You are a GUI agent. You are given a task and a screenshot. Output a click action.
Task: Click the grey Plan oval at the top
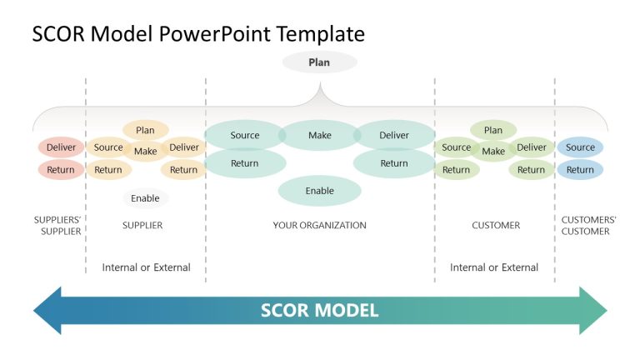click(x=319, y=62)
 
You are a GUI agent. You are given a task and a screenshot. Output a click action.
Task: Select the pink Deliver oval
click(x=61, y=147)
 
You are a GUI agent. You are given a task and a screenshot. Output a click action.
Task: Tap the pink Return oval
click(x=61, y=170)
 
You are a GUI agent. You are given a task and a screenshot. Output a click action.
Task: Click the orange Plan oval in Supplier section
click(x=145, y=130)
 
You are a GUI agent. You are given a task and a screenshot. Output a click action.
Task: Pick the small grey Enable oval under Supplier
click(x=145, y=198)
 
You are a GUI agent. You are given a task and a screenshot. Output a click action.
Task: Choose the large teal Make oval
click(x=319, y=135)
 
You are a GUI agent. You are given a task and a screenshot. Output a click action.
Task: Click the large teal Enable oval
click(x=319, y=191)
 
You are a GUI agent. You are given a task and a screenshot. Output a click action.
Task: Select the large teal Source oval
click(x=244, y=135)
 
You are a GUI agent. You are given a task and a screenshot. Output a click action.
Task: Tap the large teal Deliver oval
click(x=394, y=135)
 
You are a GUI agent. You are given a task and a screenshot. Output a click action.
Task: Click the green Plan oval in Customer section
click(x=493, y=130)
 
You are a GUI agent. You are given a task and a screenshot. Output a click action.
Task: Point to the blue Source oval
click(x=580, y=147)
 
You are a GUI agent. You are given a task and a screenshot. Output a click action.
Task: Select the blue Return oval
click(x=580, y=170)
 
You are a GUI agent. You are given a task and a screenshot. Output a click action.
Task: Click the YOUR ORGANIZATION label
click(x=319, y=226)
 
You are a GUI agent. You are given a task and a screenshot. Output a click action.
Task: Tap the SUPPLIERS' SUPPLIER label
click(x=57, y=226)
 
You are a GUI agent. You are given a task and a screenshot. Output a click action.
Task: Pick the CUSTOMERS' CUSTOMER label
click(x=588, y=226)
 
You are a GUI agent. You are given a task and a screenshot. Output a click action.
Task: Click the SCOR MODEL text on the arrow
click(x=319, y=311)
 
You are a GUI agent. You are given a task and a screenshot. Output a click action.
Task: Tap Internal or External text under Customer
click(x=494, y=267)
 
